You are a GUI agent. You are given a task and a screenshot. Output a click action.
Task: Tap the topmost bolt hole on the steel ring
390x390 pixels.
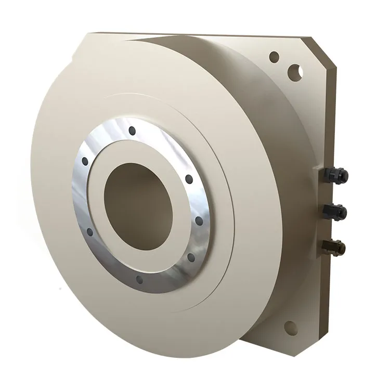[132, 130]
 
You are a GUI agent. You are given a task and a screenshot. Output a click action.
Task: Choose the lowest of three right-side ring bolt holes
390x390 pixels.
[188, 256]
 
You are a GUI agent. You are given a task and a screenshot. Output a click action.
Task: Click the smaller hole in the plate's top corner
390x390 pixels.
[275, 57]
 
